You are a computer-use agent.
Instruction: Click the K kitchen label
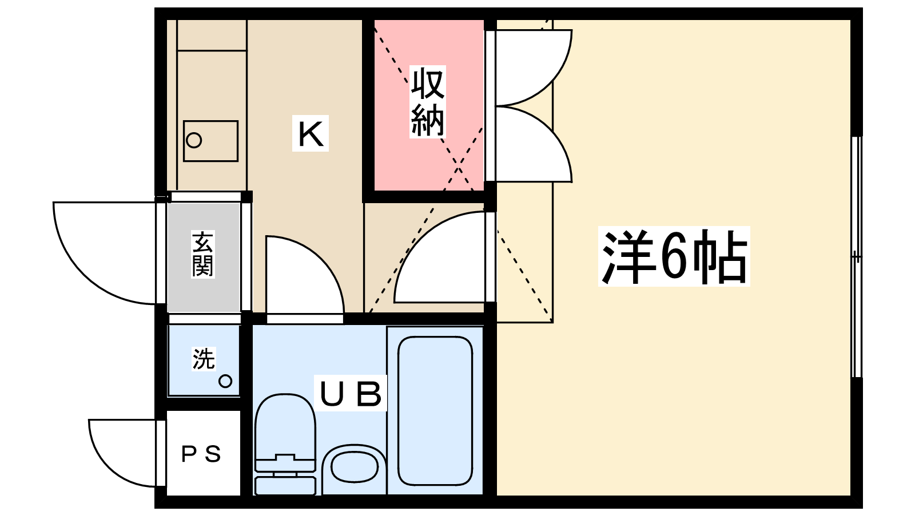tap(311, 134)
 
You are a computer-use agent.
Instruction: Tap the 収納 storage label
tap(428, 102)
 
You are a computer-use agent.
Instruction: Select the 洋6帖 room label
tap(674, 256)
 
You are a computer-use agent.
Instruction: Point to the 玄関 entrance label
tap(202, 254)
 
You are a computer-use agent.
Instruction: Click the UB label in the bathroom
tap(351, 394)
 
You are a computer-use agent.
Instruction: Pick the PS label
tap(201, 454)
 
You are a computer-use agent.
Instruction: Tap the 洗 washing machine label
tap(203, 359)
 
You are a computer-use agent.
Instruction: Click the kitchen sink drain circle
tap(194, 140)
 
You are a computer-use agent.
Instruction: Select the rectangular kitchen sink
tap(210, 141)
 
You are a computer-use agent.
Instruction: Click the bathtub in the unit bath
tap(435, 411)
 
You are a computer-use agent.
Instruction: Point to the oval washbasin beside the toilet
tap(354, 466)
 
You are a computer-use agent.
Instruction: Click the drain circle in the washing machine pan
tap(225, 381)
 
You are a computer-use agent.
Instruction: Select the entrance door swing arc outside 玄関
tap(103, 252)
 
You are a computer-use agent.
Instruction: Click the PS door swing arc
tap(123, 452)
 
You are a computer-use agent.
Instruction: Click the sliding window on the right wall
tap(856, 257)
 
